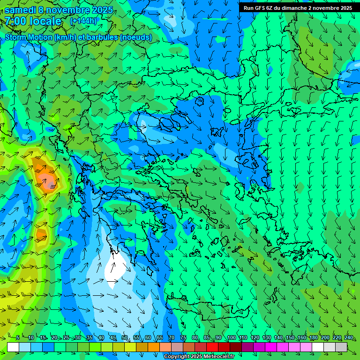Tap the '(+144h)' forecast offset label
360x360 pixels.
(83, 21)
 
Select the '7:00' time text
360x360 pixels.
(15, 21)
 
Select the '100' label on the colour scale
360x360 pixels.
(232, 338)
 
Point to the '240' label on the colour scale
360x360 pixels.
(348, 338)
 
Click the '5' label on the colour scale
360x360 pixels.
(18, 338)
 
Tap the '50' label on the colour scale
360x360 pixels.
(125, 338)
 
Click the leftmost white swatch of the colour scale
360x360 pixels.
(13, 347)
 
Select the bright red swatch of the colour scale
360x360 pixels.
(212, 347)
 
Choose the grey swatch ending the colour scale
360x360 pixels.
(341, 347)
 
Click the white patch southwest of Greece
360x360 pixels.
(114, 270)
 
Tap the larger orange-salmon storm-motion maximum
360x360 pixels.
(45, 179)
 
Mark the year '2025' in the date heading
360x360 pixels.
(103, 10)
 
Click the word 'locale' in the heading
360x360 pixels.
(45, 21)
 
